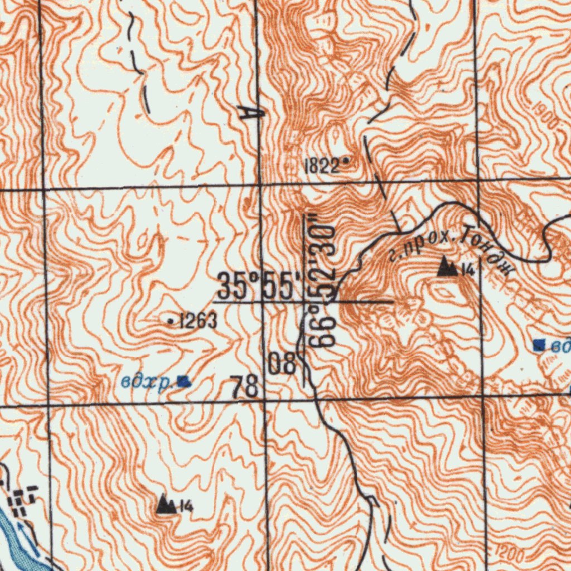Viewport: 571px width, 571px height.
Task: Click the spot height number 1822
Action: pos(321,165)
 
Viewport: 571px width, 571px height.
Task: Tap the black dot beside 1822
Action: pos(346,161)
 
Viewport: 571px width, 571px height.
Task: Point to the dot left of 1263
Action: pos(170,321)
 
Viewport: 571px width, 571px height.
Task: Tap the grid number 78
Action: pos(245,386)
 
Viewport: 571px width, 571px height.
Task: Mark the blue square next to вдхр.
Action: pos(183,382)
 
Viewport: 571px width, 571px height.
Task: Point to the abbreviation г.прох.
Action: pos(418,246)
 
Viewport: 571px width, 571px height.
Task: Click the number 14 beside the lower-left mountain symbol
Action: pos(187,506)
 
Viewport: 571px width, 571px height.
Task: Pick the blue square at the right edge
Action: pos(539,345)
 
